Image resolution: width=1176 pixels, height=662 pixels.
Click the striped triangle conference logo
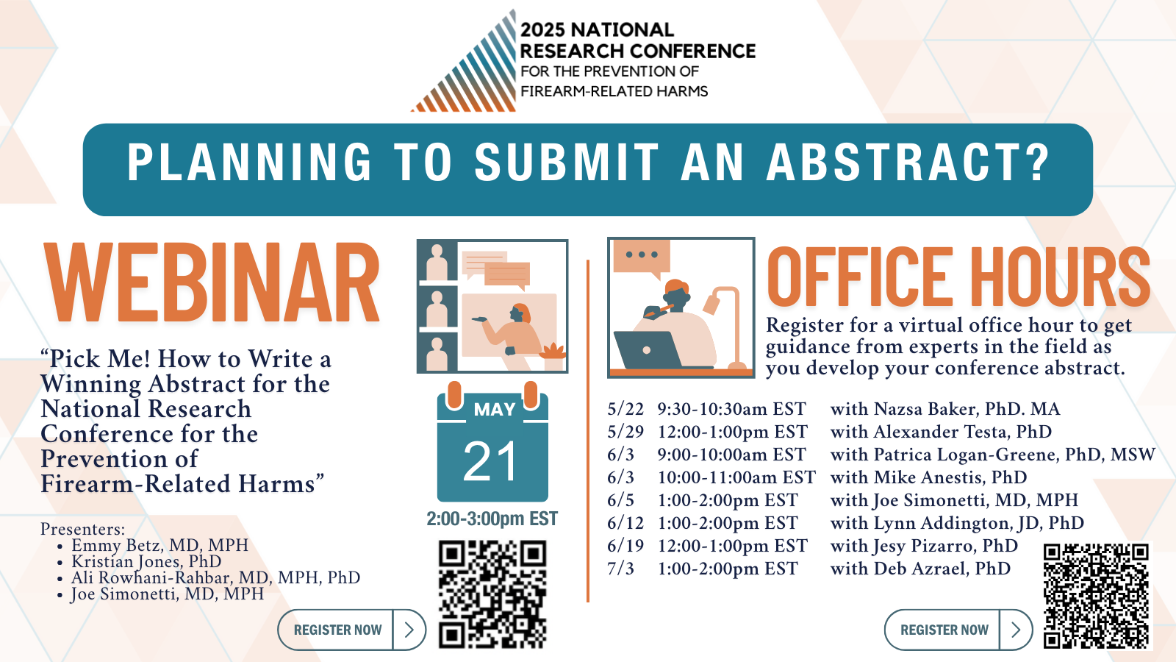[x=473, y=68]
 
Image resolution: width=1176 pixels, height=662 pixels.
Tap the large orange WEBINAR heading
[x=212, y=282]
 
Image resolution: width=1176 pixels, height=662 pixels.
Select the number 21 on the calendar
[x=491, y=461]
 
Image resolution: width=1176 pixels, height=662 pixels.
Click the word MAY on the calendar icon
[x=495, y=409]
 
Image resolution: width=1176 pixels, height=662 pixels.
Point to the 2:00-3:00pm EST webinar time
[x=492, y=519]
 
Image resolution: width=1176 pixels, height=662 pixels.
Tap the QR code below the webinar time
[x=492, y=594]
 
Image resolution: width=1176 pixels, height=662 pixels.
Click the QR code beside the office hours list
[x=1096, y=596]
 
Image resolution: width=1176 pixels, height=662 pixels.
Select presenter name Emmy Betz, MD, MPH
[x=159, y=545]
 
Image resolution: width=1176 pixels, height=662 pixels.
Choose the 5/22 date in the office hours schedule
[x=625, y=409]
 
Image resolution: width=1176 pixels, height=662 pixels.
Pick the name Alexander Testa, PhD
[x=963, y=431]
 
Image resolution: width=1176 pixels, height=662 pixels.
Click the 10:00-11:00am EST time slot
[x=736, y=477]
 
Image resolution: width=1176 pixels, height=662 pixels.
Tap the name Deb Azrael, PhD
[x=942, y=569]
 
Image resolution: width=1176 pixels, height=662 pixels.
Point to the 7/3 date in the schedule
[x=620, y=569]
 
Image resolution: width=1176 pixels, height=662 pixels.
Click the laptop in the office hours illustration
[x=649, y=350]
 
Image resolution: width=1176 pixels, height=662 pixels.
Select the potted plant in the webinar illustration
[x=554, y=357]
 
